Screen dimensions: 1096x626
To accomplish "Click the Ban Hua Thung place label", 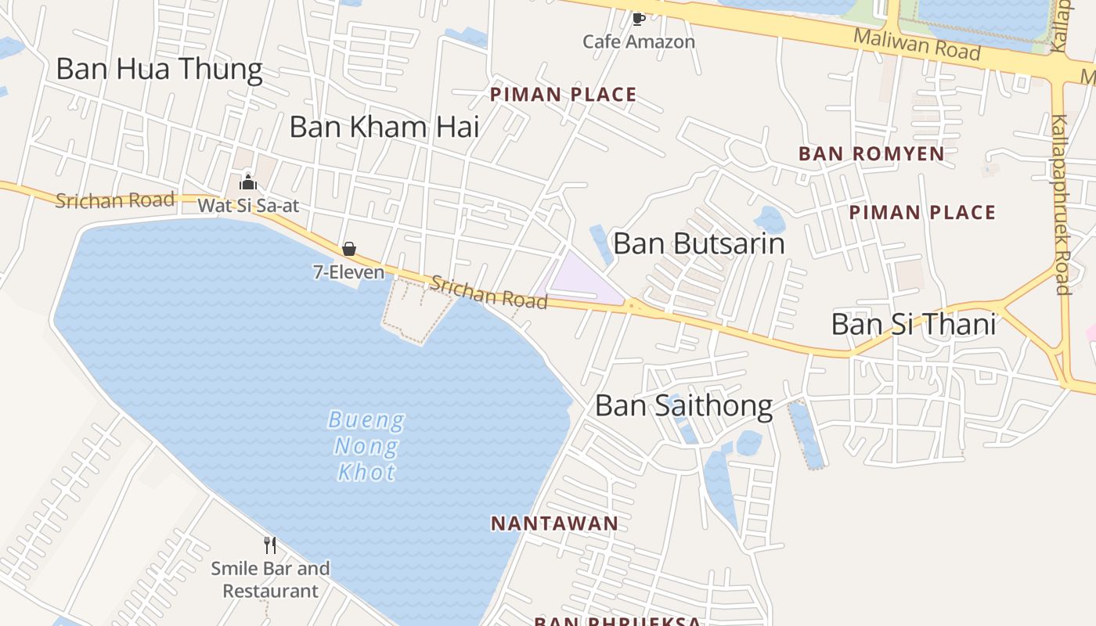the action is [x=159, y=69].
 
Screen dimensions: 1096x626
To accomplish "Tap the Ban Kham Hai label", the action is [x=384, y=127].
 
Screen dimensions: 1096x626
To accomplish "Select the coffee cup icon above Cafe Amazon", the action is [x=639, y=18].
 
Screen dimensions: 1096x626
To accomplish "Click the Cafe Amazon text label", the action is [x=639, y=41].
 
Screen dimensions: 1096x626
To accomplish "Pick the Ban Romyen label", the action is [x=871, y=153].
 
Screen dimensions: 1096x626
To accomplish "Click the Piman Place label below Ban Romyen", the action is [x=922, y=212].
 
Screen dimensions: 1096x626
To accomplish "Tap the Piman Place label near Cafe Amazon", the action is [x=563, y=95].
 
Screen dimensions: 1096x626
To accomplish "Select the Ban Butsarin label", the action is [x=698, y=243].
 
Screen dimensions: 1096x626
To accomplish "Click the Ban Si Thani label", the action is [x=913, y=324].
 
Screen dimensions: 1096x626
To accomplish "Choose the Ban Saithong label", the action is [x=683, y=405].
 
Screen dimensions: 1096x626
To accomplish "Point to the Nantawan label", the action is [x=554, y=523].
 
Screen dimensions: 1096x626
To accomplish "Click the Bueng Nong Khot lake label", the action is [x=366, y=446].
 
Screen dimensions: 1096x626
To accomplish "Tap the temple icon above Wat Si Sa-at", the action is [x=248, y=183].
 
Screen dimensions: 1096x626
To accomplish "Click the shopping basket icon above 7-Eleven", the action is [x=349, y=249].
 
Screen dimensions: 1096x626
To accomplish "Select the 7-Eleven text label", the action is [x=349, y=272].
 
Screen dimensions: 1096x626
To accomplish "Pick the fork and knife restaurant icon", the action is [x=270, y=545].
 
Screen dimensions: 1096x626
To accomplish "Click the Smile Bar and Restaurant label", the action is [x=270, y=579].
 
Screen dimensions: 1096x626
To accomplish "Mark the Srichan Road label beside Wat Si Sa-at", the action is [x=114, y=200].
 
